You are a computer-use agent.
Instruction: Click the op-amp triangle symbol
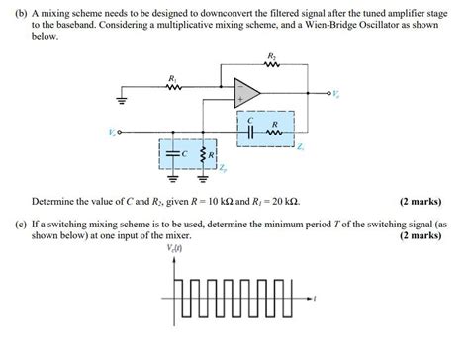point(248,92)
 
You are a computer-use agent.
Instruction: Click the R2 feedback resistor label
point(271,55)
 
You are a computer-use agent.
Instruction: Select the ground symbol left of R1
point(122,100)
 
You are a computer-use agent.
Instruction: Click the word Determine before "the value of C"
point(53,201)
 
